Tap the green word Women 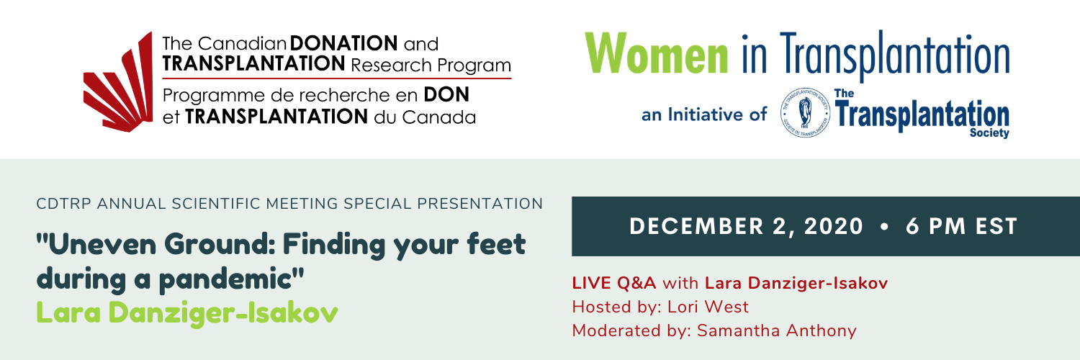point(656,53)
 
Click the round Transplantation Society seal point(805,113)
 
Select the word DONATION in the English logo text point(343,43)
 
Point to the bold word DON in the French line point(446,94)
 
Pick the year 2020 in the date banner point(834,227)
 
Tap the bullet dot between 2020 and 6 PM point(884,227)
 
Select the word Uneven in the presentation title point(102,244)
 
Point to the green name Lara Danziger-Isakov point(187,312)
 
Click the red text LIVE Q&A point(613,283)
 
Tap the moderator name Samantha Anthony point(777,330)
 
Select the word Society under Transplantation point(989,133)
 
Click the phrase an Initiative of point(704,114)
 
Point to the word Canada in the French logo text point(438,117)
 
